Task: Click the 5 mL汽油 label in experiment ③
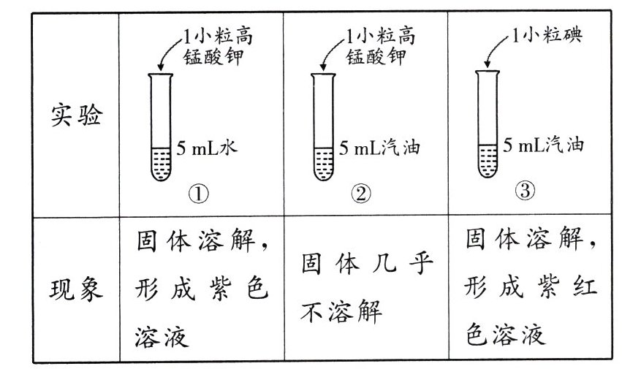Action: [x=545, y=145]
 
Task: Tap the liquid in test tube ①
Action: [x=162, y=164]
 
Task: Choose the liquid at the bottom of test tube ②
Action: [x=325, y=165]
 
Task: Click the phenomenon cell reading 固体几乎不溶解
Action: [x=365, y=290]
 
